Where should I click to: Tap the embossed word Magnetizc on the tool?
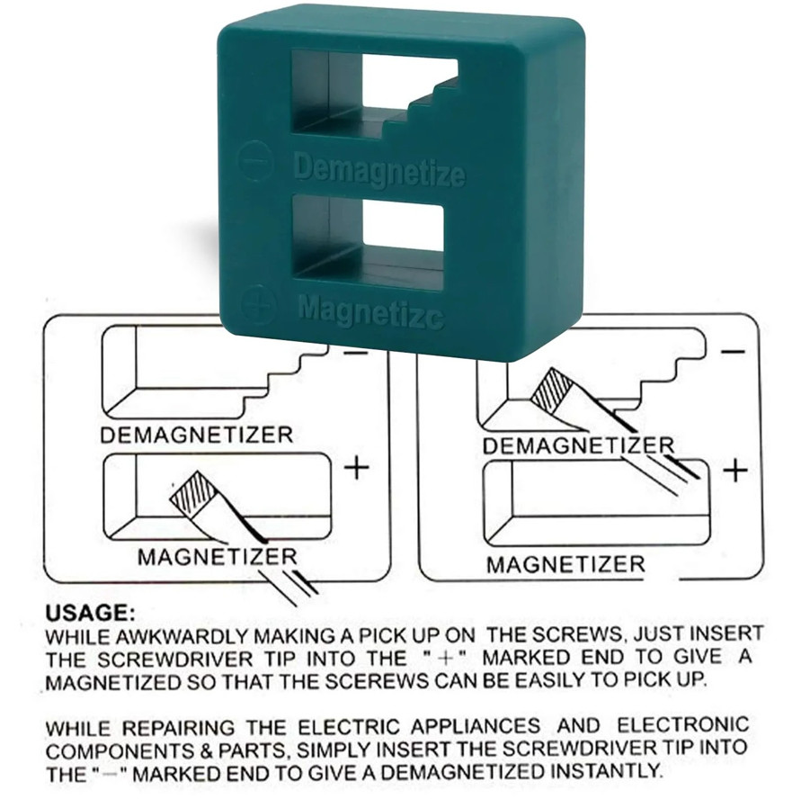(x=371, y=312)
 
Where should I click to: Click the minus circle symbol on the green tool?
(x=254, y=161)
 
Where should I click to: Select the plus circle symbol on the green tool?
(x=259, y=303)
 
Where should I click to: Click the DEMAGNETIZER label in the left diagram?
(x=196, y=435)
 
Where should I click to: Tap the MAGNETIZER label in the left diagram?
(x=218, y=557)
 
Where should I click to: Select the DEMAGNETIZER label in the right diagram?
(x=579, y=445)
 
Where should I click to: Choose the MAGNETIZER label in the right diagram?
(x=566, y=564)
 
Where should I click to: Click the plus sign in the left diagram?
(x=356, y=469)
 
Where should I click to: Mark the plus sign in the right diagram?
(x=735, y=471)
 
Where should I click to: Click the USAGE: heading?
(x=91, y=614)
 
